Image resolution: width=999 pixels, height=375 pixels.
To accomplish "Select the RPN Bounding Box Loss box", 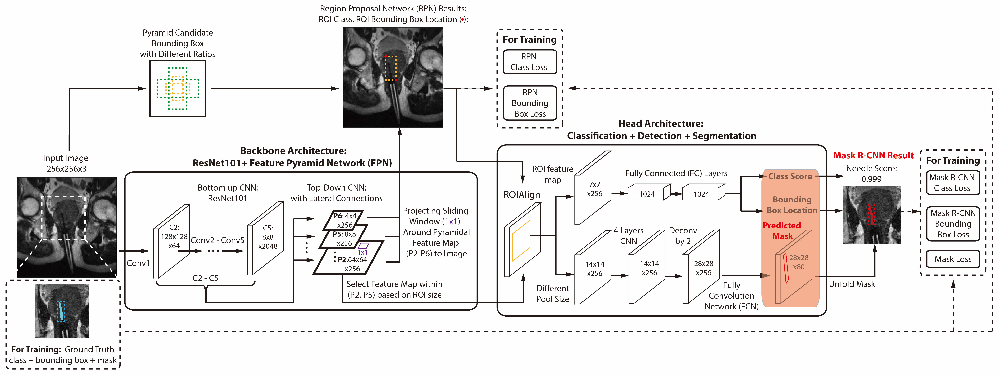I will (530, 103).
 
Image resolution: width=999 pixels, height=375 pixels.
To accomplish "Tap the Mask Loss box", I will (953, 259).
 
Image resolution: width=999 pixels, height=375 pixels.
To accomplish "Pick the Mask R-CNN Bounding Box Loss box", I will (953, 224).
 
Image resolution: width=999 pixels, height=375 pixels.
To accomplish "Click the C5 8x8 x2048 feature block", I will (267, 237).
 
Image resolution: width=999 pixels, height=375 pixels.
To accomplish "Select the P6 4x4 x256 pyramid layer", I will (344, 220).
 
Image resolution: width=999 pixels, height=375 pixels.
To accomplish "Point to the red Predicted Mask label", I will (782, 231).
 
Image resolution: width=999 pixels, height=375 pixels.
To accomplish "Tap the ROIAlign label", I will (522, 195).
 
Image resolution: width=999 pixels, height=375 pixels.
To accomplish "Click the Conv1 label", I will (138, 263).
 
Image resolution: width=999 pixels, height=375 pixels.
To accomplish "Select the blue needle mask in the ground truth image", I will (61, 311).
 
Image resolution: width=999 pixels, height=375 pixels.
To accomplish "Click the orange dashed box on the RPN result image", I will (391, 68).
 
